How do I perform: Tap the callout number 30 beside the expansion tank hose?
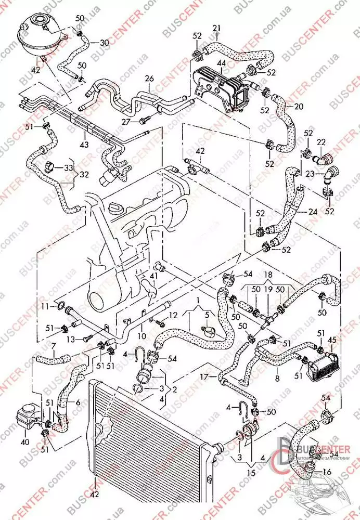coord(104,42)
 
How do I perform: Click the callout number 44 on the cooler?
coord(221,62)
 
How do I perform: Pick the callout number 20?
coord(299,106)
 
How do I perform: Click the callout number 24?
coord(313,212)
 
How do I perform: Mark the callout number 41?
coord(154,276)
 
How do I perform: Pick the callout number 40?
coord(24,443)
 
